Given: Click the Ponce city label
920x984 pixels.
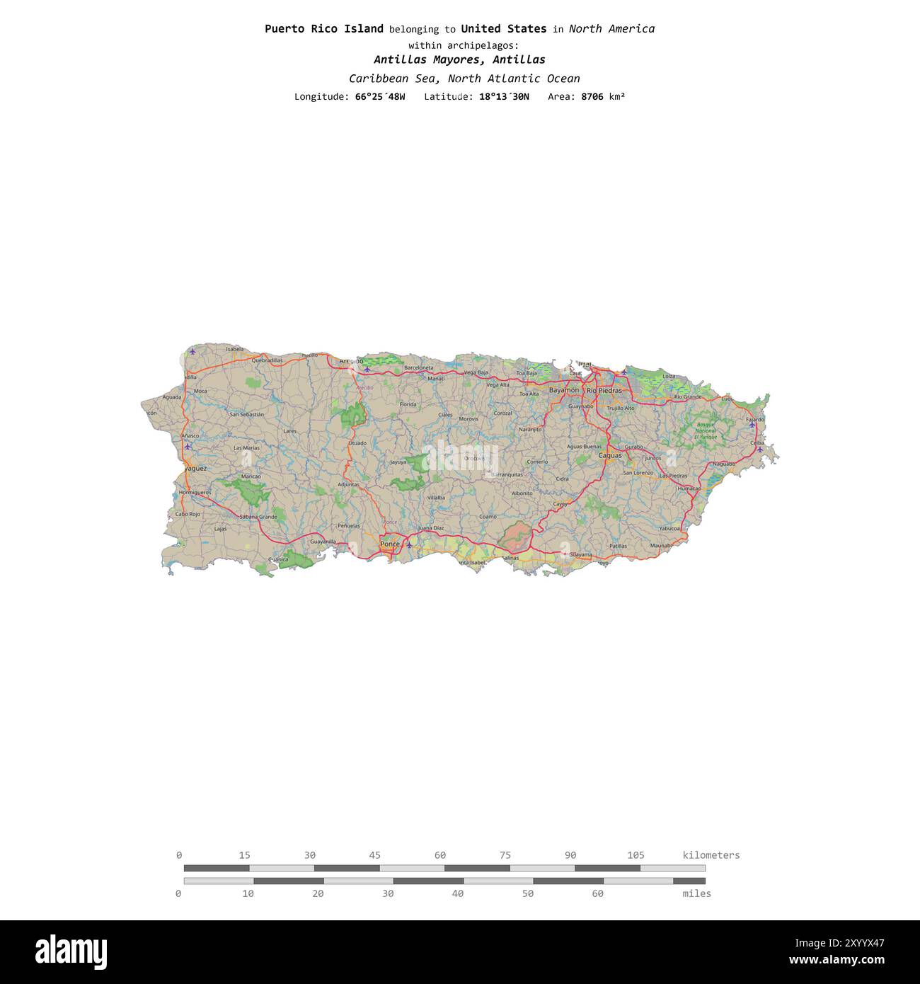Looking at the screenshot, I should [x=389, y=544].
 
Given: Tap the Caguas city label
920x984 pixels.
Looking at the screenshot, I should [x=609, y=455].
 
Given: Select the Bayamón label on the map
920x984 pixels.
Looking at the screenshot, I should [x=564, y=390].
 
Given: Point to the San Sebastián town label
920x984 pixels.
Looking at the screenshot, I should [x=246, y=414].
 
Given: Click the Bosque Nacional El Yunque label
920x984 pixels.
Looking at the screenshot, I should [x=705, y=430].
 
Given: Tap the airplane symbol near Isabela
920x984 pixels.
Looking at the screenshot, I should [x=192, y=351].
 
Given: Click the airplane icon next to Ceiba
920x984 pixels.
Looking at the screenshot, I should [x=759, y=450].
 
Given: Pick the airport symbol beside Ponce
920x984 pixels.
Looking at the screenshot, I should [x=409, y=544].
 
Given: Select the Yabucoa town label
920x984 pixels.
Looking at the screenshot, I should [x=669, y=528].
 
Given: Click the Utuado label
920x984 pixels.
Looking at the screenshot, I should [x=357, y=443].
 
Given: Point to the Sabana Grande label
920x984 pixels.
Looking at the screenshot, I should [x=258, y=517].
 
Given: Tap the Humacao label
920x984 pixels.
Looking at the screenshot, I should [x=689, y=488].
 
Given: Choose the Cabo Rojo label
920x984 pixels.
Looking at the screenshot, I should [x=188, y=514].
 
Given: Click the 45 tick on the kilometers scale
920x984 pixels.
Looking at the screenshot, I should [x=374, y=855].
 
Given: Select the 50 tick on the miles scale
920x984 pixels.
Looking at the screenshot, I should [x=528, y=893].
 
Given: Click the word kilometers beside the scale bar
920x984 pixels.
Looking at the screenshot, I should [x=711, y=855].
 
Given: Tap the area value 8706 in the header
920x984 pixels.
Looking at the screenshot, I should [x=592, y=96].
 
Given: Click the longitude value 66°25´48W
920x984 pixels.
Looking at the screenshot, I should [x=380, y=96].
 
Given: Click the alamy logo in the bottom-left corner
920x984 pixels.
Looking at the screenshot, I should [x=71, y=951].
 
